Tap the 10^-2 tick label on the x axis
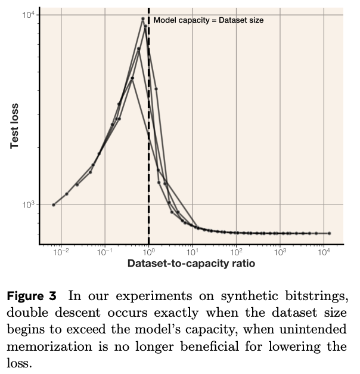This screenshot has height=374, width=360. tap(61, 253)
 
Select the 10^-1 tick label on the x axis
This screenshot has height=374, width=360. tap(104, 253)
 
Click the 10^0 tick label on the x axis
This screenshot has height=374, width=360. tap(148, 253)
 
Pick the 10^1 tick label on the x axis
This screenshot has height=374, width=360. tap(192, 253)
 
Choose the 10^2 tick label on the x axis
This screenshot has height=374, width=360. tap(236, 253)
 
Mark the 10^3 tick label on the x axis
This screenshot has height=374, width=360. tap(280, 253)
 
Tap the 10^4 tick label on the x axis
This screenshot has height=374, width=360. tap(324, 253)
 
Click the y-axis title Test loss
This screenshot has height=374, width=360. tap(15, 126)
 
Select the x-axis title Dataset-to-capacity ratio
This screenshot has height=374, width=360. tap(191, 264)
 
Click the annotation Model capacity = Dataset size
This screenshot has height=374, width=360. tap(208, 20)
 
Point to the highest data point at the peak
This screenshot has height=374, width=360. tap(143, 18)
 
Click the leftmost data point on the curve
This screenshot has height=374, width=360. tap(54, 205)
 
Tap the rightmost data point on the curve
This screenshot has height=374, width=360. tap(329, 233)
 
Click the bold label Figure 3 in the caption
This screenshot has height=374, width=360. tap(32, 295)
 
